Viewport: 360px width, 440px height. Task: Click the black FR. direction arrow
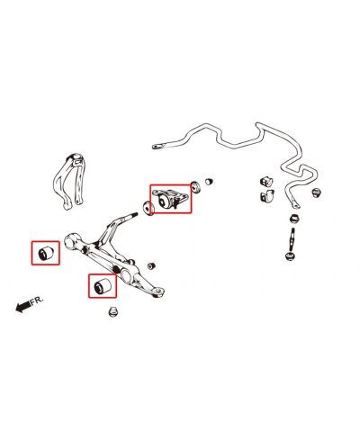tap(22, 307)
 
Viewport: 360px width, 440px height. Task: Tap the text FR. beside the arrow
tap(37, 300)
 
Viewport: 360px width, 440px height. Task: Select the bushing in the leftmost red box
tap(46, 253)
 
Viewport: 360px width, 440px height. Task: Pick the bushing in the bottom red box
tap(103, 285)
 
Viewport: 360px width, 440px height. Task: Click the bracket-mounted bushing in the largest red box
tap(170, 199)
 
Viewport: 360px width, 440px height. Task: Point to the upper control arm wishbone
tap(70, 181)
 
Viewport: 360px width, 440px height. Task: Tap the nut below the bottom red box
tap(113, 311)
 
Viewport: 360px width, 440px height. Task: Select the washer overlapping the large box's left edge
tap(148, 208)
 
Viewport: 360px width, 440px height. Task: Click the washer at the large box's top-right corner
tap(196, 186)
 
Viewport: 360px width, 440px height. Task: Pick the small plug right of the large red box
tap(209, 181)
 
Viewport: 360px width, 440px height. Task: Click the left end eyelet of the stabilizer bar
tap(156, 147)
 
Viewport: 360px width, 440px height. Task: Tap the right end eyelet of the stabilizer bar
tap(295, 204)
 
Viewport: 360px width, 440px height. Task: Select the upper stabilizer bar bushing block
tap(266, 181)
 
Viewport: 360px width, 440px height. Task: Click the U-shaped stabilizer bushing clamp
tap(267, 195)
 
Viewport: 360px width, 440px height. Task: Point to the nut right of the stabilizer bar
tap(316, 192)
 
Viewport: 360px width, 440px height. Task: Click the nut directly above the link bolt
tap(294, 218)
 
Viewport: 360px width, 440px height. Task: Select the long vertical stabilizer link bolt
tap(291, 244)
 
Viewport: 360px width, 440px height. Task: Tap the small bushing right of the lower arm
tap(151, 265)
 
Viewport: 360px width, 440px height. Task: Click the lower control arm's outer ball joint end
tap(158, 292)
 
